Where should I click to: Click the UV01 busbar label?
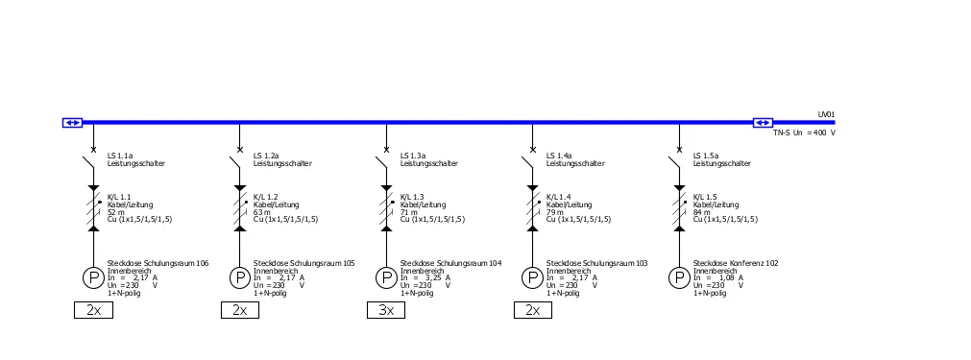click(x=826, y=114)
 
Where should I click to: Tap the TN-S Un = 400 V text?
click(x=804, y=132)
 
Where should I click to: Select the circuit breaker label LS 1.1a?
click(x=120, y=156)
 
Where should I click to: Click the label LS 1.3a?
click(x=413, y=156)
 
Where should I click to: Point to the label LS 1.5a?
click(x=706, y=156)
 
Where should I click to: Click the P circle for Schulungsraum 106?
click(x=93, y=278)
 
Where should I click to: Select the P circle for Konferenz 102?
click(x=679, y=278)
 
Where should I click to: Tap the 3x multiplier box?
click(x=386, y=310)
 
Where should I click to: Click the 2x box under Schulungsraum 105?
click(x=240, y=310)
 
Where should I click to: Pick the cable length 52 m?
click(x=116, y=212)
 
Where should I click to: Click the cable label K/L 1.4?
click(x=558, y=198)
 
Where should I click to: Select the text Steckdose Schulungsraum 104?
click(x=450, y=263)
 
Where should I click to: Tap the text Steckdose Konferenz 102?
click(x=736, y=263)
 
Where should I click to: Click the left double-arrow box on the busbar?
click(x=72, y=123)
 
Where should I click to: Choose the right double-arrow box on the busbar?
click(x=763, y=123)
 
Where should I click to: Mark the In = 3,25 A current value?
click(x=425, y=278)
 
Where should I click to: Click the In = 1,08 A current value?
click(x=718, y=278)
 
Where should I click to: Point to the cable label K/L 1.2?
click(x=265, y=198)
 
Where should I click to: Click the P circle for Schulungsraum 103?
click(x=533, y=278)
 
